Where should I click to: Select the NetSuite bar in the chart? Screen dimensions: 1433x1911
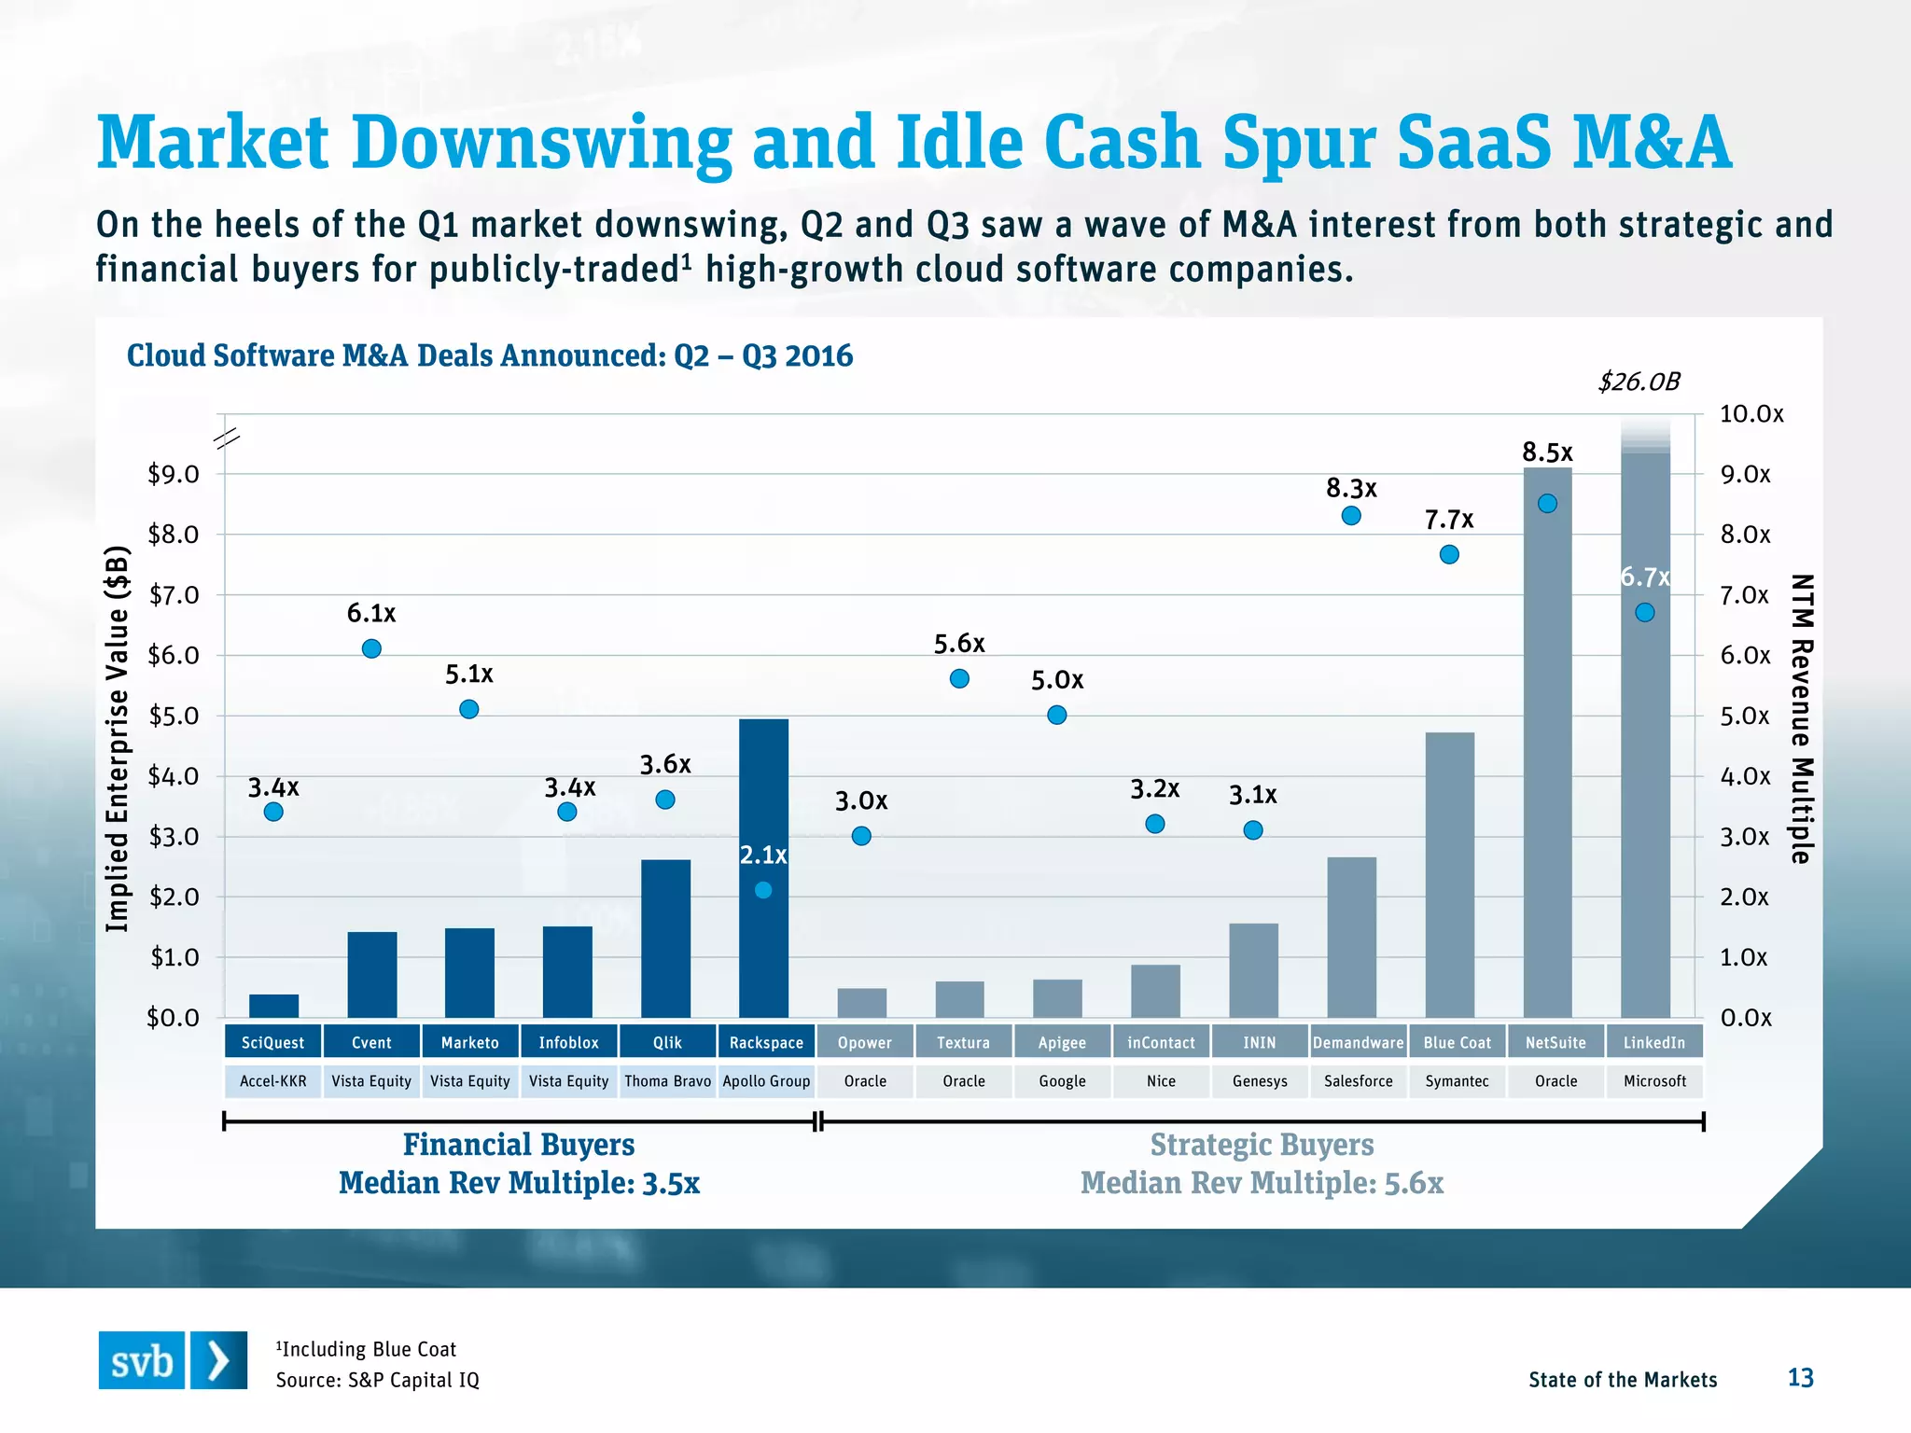(1547, 746)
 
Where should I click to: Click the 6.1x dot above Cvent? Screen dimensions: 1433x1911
(371, 648)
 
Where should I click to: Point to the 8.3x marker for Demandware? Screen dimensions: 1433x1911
(1351, 516)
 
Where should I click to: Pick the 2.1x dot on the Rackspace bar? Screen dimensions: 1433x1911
(763, 890)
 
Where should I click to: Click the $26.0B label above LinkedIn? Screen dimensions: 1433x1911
(1639, 382)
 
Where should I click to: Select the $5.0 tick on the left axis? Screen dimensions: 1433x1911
(174, 716)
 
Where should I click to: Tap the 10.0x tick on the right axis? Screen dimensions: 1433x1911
(1751, 414)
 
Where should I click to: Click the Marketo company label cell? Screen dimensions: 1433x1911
(469, 1042)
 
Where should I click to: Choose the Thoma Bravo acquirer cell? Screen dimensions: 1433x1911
(667, 1081)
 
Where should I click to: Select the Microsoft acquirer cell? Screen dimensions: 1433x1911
(1654, 1081)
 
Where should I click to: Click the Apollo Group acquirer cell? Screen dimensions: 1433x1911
(766, 1081)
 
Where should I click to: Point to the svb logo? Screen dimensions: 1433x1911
(173, 1360)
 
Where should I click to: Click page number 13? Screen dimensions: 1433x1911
(1800, 1378)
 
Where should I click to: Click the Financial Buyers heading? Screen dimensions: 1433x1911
(519, 1145)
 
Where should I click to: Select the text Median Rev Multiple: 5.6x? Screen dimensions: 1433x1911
(1262, 1183)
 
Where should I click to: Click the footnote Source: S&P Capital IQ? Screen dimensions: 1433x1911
(377, 1380)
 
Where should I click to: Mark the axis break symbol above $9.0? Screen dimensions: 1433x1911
(228, 438)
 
